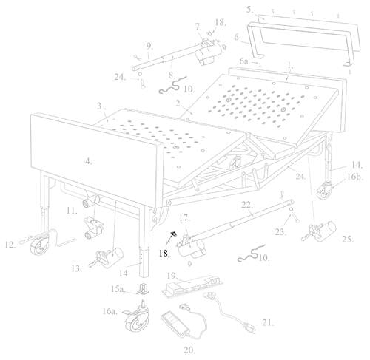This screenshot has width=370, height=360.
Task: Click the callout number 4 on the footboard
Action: (x=88, y=161)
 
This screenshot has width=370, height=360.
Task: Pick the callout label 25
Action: (x=347, y=239)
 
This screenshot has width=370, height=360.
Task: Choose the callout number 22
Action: (x=248, y=205)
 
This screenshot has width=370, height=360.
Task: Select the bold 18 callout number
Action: (x=164, y=252)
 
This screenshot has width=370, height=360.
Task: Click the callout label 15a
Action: (x=118, y=288)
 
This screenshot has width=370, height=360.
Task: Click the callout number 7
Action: (x=198, y=27)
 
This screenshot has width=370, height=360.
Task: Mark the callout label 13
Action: (x=77, y=270)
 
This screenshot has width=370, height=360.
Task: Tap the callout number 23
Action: (x=279, y=231)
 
